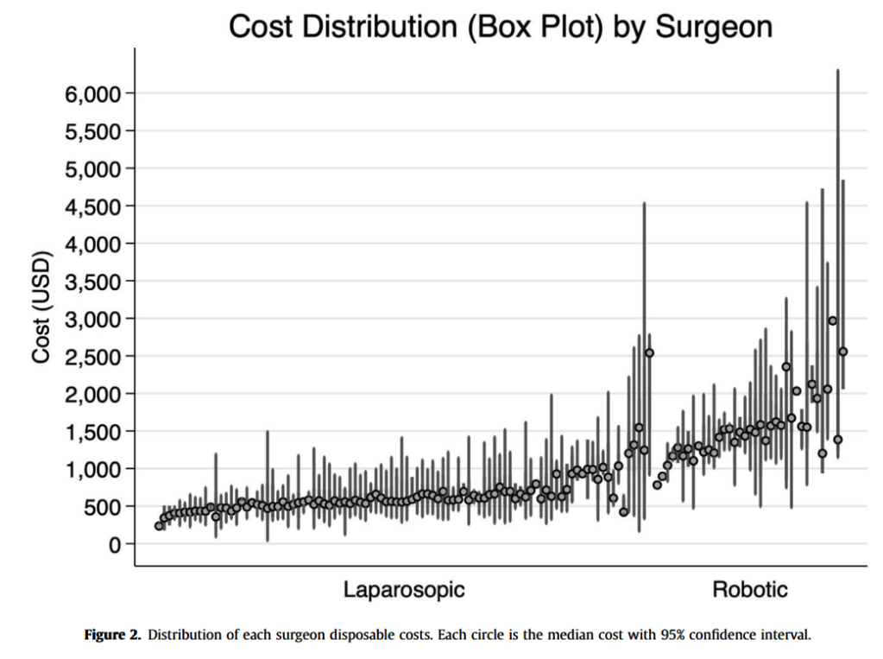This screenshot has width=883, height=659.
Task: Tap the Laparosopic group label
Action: (404, 590)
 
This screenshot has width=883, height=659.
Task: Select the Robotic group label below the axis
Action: (749, 590)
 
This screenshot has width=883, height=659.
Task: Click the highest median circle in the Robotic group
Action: (833, 320)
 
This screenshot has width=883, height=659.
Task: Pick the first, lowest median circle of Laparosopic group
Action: (159, 526)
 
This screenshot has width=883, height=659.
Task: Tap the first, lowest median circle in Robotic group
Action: (657, 485)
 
